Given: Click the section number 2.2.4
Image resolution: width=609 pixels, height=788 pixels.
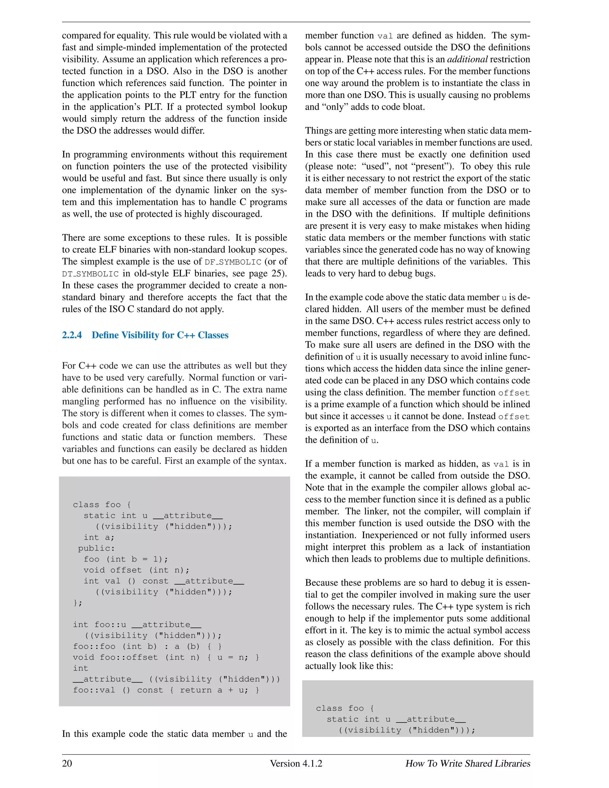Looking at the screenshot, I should tap(72, 335).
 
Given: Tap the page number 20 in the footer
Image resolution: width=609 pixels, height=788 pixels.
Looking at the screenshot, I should tap(67, 763).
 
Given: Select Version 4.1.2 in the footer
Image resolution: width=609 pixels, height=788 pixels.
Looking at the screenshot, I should tap(296, 763).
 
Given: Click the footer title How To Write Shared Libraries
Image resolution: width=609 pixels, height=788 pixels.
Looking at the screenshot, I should tap(467, 763).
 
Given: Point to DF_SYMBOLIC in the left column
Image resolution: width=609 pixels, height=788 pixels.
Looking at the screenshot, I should tap(233, 262).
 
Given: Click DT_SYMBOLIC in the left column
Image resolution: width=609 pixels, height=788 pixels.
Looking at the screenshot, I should tap(90, 274).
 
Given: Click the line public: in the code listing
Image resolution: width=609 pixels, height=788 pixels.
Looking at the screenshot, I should tap(96, 548).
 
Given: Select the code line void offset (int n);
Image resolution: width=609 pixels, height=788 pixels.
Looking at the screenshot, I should tap(136, 570).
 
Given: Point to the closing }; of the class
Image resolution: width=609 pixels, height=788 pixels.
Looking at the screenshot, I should tap(78, 602).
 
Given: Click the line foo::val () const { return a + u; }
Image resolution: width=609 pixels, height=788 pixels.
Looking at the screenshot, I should tap(166, 690).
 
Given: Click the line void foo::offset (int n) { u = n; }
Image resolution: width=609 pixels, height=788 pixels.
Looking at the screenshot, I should tap(166, 657).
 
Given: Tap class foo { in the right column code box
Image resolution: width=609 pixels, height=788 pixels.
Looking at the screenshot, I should tap(345, 708).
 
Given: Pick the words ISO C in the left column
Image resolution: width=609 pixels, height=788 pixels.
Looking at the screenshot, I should tap(122, 309).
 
